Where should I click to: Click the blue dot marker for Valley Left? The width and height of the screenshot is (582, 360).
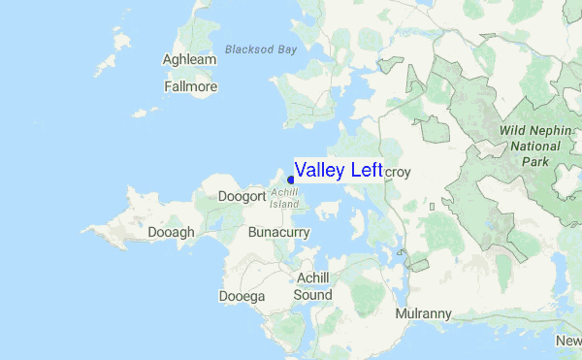point(291,180)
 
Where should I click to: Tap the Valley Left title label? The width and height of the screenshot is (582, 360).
point(339,171)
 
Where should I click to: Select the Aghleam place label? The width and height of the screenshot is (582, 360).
point(190,60)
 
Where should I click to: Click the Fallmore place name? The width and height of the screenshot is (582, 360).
point(191,86)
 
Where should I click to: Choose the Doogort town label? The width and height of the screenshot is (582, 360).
point(242,197)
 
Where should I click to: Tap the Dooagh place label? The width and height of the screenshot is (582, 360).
point(172,233)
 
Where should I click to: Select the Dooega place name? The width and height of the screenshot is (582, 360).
point(241,296)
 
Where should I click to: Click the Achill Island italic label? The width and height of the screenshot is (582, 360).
point(284,199)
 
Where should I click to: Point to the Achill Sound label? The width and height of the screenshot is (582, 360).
point(313,286)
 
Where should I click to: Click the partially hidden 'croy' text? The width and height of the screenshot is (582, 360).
point(399,173)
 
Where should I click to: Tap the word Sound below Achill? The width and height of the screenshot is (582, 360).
point(313,295)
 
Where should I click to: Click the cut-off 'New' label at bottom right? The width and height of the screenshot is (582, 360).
point(568,341)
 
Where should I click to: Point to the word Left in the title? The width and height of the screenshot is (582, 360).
point(366,171)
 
